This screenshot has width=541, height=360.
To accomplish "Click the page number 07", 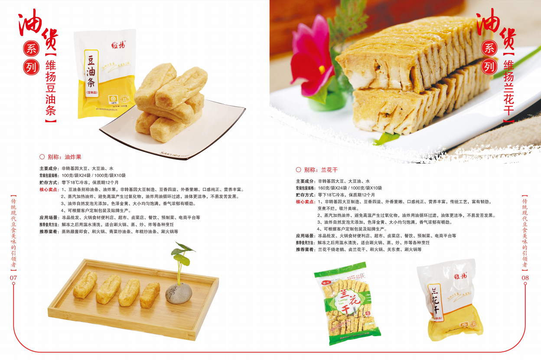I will pos(13,278).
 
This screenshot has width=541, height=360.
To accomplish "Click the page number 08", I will pos(525,278).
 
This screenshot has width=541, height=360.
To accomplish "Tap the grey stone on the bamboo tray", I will pos(179,293).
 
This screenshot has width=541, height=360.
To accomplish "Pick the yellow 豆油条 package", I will pos(105,74).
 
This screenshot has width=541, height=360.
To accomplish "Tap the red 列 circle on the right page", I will pos(489,66).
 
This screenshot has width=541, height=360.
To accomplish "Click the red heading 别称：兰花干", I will pos(317,170).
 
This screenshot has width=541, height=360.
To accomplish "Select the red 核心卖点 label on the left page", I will pos(49,189).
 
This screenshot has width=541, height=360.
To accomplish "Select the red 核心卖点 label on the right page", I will pos(305,202).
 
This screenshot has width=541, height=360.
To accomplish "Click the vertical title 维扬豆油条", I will pos(51,87).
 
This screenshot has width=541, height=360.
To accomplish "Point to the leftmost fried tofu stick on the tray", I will pos(85,285).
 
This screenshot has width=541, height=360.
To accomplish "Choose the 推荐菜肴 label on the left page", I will pos(49,231).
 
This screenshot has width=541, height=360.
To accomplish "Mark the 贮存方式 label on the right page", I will pos(305,195).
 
